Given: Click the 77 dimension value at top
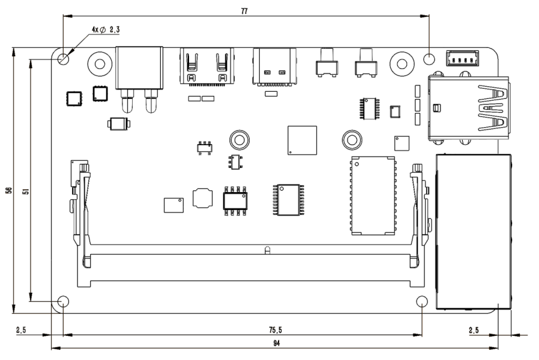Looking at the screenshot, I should click(x=244, y=11).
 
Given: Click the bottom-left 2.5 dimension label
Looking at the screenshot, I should click(x=22, y=329).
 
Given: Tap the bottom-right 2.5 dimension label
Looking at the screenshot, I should click(x=474, y=329).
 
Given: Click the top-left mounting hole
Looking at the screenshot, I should click(x=64, y=59).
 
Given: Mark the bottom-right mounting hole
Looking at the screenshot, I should click(x=423, y=301).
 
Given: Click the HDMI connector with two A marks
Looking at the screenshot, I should click(x=206, y=66).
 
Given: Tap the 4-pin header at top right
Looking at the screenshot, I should click(x=462, y=58).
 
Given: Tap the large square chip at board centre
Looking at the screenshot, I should click(x=302, y=140).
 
